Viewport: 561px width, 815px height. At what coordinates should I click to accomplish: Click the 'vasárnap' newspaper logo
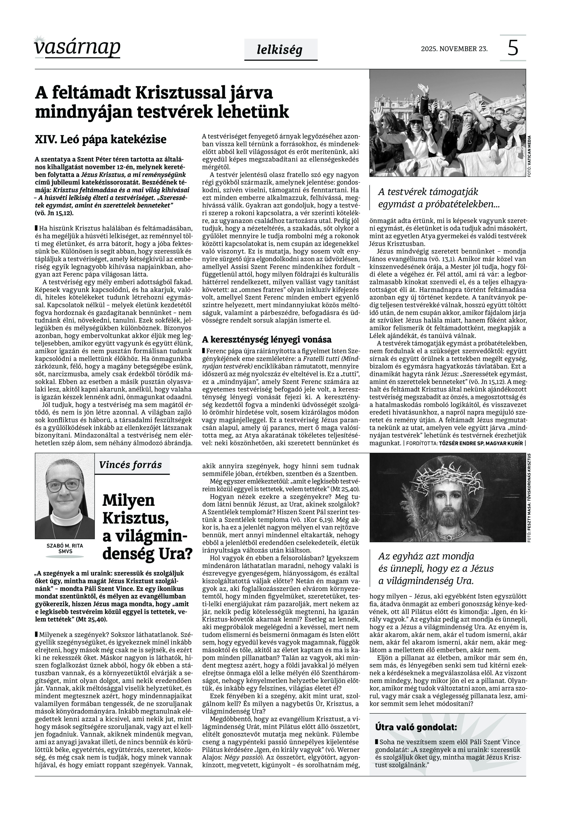click(x=77, y=47)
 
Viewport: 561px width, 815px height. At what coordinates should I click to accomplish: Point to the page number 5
click(x=513, y=48)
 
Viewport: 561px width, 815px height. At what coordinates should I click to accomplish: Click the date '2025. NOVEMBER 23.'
click(x=454, y=49)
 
